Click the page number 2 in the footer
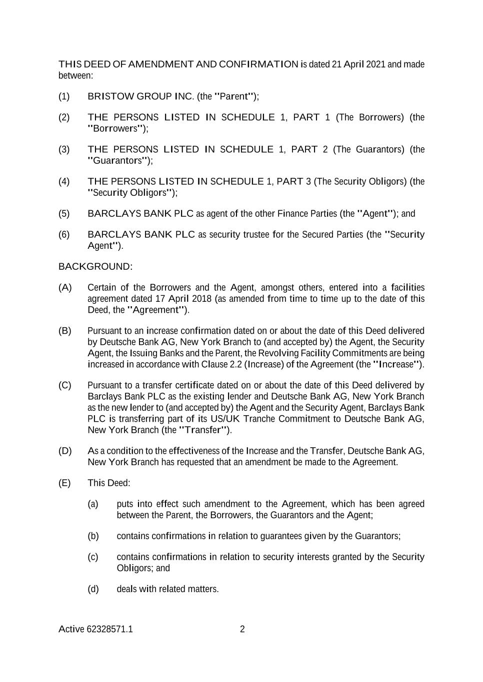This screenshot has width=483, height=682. [242, 629]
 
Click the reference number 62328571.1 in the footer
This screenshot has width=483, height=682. [109, 629]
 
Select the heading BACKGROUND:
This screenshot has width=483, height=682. [95, 266]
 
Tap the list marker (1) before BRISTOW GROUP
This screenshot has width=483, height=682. [64, 96]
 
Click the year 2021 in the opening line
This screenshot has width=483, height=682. [375, 64]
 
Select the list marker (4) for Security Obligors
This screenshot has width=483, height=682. [64, 181]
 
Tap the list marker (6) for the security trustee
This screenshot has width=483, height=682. [64, 234]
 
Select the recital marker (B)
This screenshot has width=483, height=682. [65, 331]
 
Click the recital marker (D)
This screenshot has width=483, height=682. [65, 451]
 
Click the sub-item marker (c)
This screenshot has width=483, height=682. [93, 557]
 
